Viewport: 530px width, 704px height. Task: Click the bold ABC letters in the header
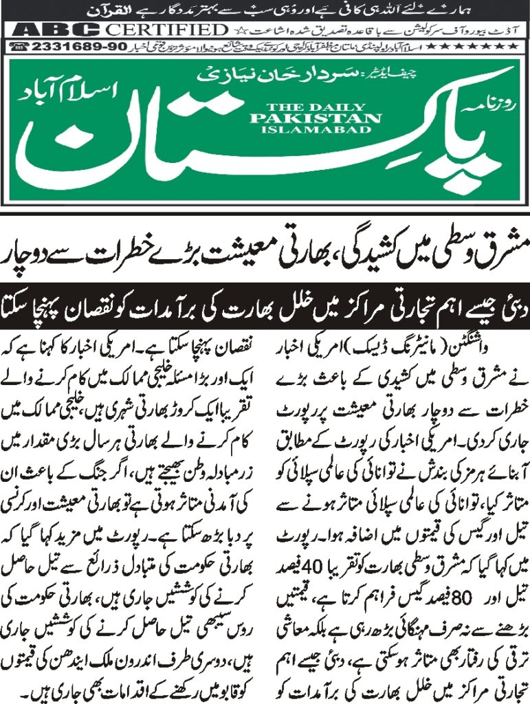coord(52,30)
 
